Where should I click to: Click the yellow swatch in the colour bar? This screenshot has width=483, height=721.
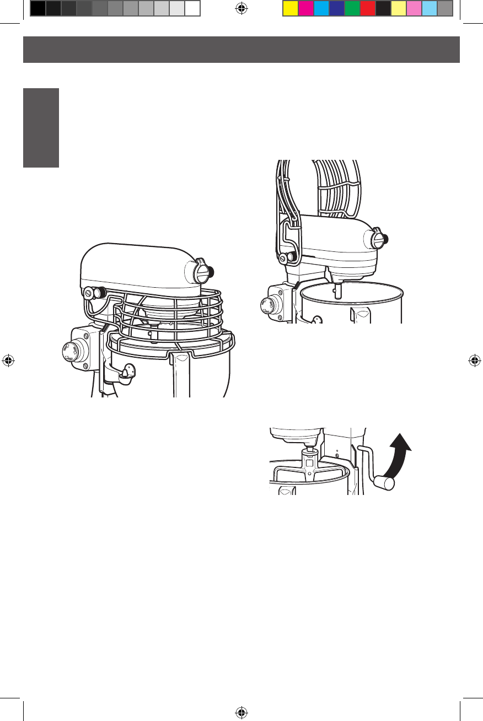[x=290, y=8]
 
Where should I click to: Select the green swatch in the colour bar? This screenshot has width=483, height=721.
[x=352, y=8]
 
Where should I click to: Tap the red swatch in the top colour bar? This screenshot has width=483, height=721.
[x=367, y=8]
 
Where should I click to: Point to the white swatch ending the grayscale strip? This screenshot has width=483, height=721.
[x=192, y=8]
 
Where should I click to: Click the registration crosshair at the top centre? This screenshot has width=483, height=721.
[x=241, y=8]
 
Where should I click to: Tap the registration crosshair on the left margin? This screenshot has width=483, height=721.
[x=8, y=361]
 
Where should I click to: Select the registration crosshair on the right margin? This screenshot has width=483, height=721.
[x=474, y=361]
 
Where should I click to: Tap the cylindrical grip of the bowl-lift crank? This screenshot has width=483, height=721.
[x=384, y=483]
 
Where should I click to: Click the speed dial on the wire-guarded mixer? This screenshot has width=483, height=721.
[x=70, y=351]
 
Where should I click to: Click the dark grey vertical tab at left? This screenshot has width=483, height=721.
[x=41, y=127]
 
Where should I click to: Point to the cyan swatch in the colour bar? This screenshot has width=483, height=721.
[x=321, y=8]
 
